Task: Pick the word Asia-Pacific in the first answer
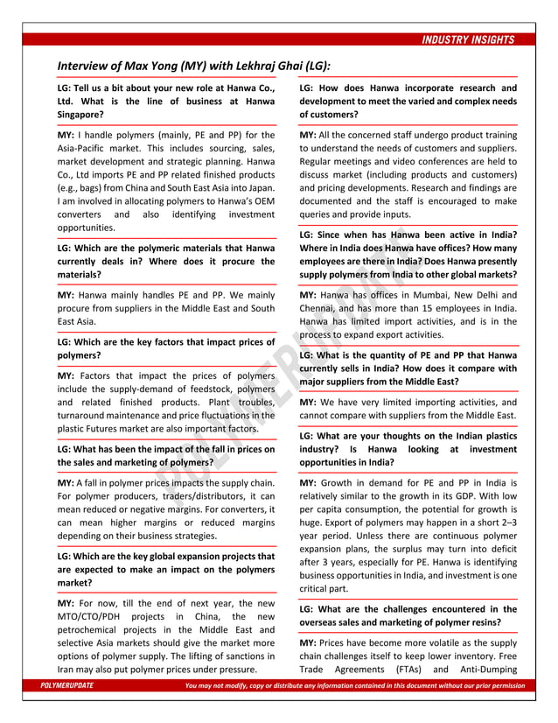(x=87, y=151)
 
